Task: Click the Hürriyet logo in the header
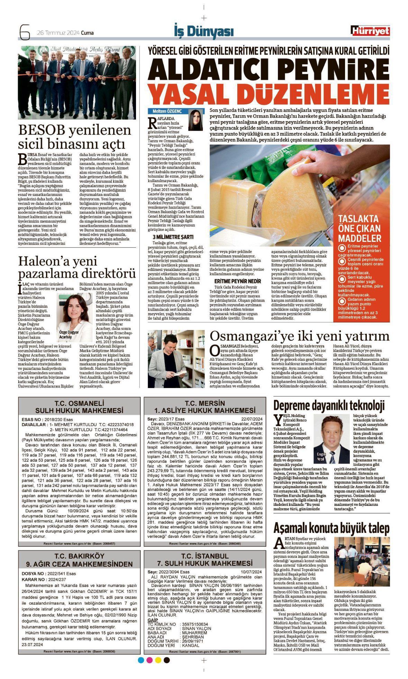(370, 31)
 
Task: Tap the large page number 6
(25, 32)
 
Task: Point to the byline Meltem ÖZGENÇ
(167, 111)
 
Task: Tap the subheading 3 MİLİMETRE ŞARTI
(173, 237)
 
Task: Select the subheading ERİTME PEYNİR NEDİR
(237, 281)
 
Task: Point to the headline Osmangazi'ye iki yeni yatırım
(299, 336)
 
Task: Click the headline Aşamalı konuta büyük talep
(331, 528)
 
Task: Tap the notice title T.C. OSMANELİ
(79, 403)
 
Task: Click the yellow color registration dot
(158, 660)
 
